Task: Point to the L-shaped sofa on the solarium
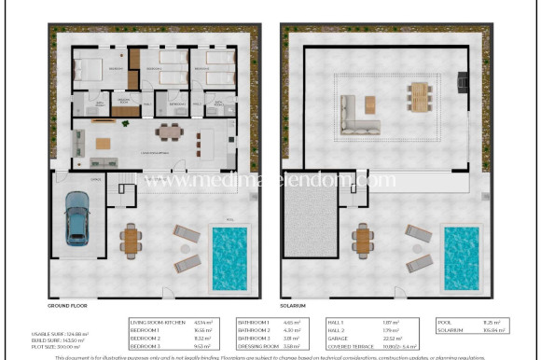(x=352, y=109)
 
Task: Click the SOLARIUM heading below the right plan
(x=296, y=305)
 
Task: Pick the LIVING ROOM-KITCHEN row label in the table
(x=153, y=322)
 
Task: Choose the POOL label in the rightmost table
(x=446, y=322)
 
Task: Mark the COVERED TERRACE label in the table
(x=349, y=344)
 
